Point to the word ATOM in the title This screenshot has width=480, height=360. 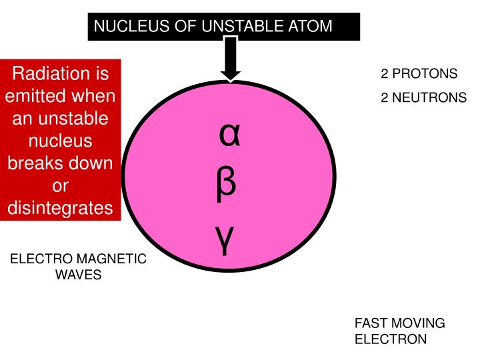click(x=307, y=27)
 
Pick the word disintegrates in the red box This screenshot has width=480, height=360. click(x=60, y=209)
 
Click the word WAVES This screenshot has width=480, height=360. click(x=78, y=275)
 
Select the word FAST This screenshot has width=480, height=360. click(x=371, y=323)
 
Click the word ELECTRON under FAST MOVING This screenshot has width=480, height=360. click(x=390, y=339)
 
